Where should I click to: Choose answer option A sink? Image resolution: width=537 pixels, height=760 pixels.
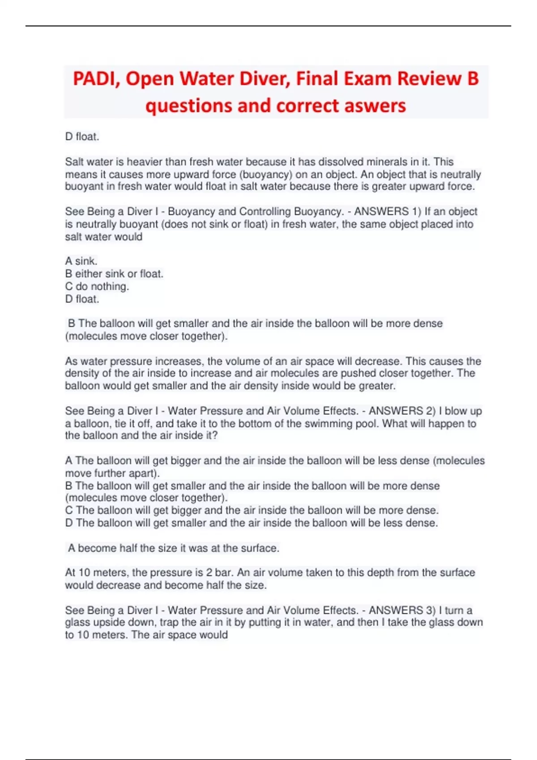pos(81,261)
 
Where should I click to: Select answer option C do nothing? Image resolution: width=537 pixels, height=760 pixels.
pos(97,287)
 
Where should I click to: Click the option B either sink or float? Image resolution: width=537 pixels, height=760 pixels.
pos(114,274)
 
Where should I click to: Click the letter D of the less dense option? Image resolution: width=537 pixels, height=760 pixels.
pos(69,523)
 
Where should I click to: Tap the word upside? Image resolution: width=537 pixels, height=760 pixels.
pos(109,623)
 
